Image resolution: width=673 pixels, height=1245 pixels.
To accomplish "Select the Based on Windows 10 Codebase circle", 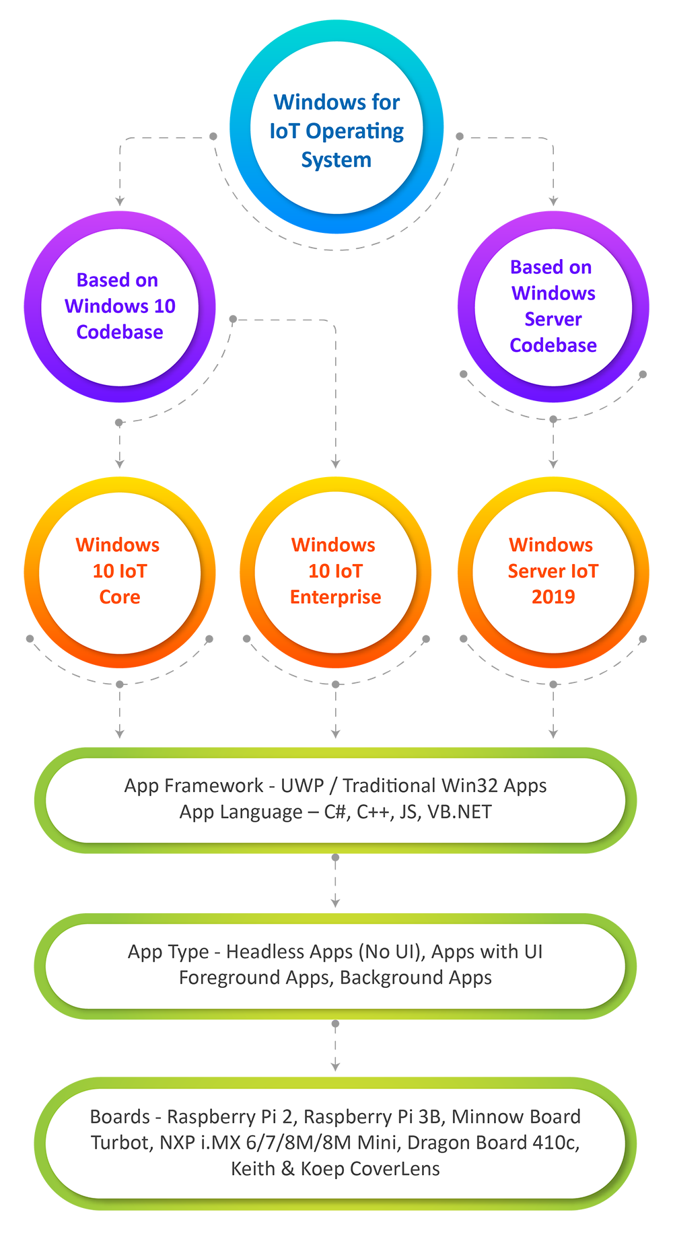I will [120, 306].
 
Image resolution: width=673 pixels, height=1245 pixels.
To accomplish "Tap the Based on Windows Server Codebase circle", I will [553, 307].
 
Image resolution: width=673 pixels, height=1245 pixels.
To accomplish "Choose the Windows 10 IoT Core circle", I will [120, 572].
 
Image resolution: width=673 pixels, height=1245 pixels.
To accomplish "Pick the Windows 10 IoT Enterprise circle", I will [335, 572].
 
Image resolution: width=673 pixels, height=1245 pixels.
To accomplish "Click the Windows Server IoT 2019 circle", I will [553, 572].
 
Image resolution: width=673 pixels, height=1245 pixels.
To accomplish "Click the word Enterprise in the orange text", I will [335, 598].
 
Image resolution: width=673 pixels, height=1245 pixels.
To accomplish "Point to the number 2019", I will [553, 598].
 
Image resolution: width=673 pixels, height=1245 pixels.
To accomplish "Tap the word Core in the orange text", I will [120, 598].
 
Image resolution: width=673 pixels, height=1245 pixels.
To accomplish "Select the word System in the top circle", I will [336, 160].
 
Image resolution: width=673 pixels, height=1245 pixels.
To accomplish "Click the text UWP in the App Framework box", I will [302, 786].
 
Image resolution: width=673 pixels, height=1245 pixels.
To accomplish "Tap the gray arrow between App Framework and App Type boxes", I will [335, 882].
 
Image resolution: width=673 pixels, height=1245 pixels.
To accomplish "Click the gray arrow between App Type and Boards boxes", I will [335, 1047].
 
